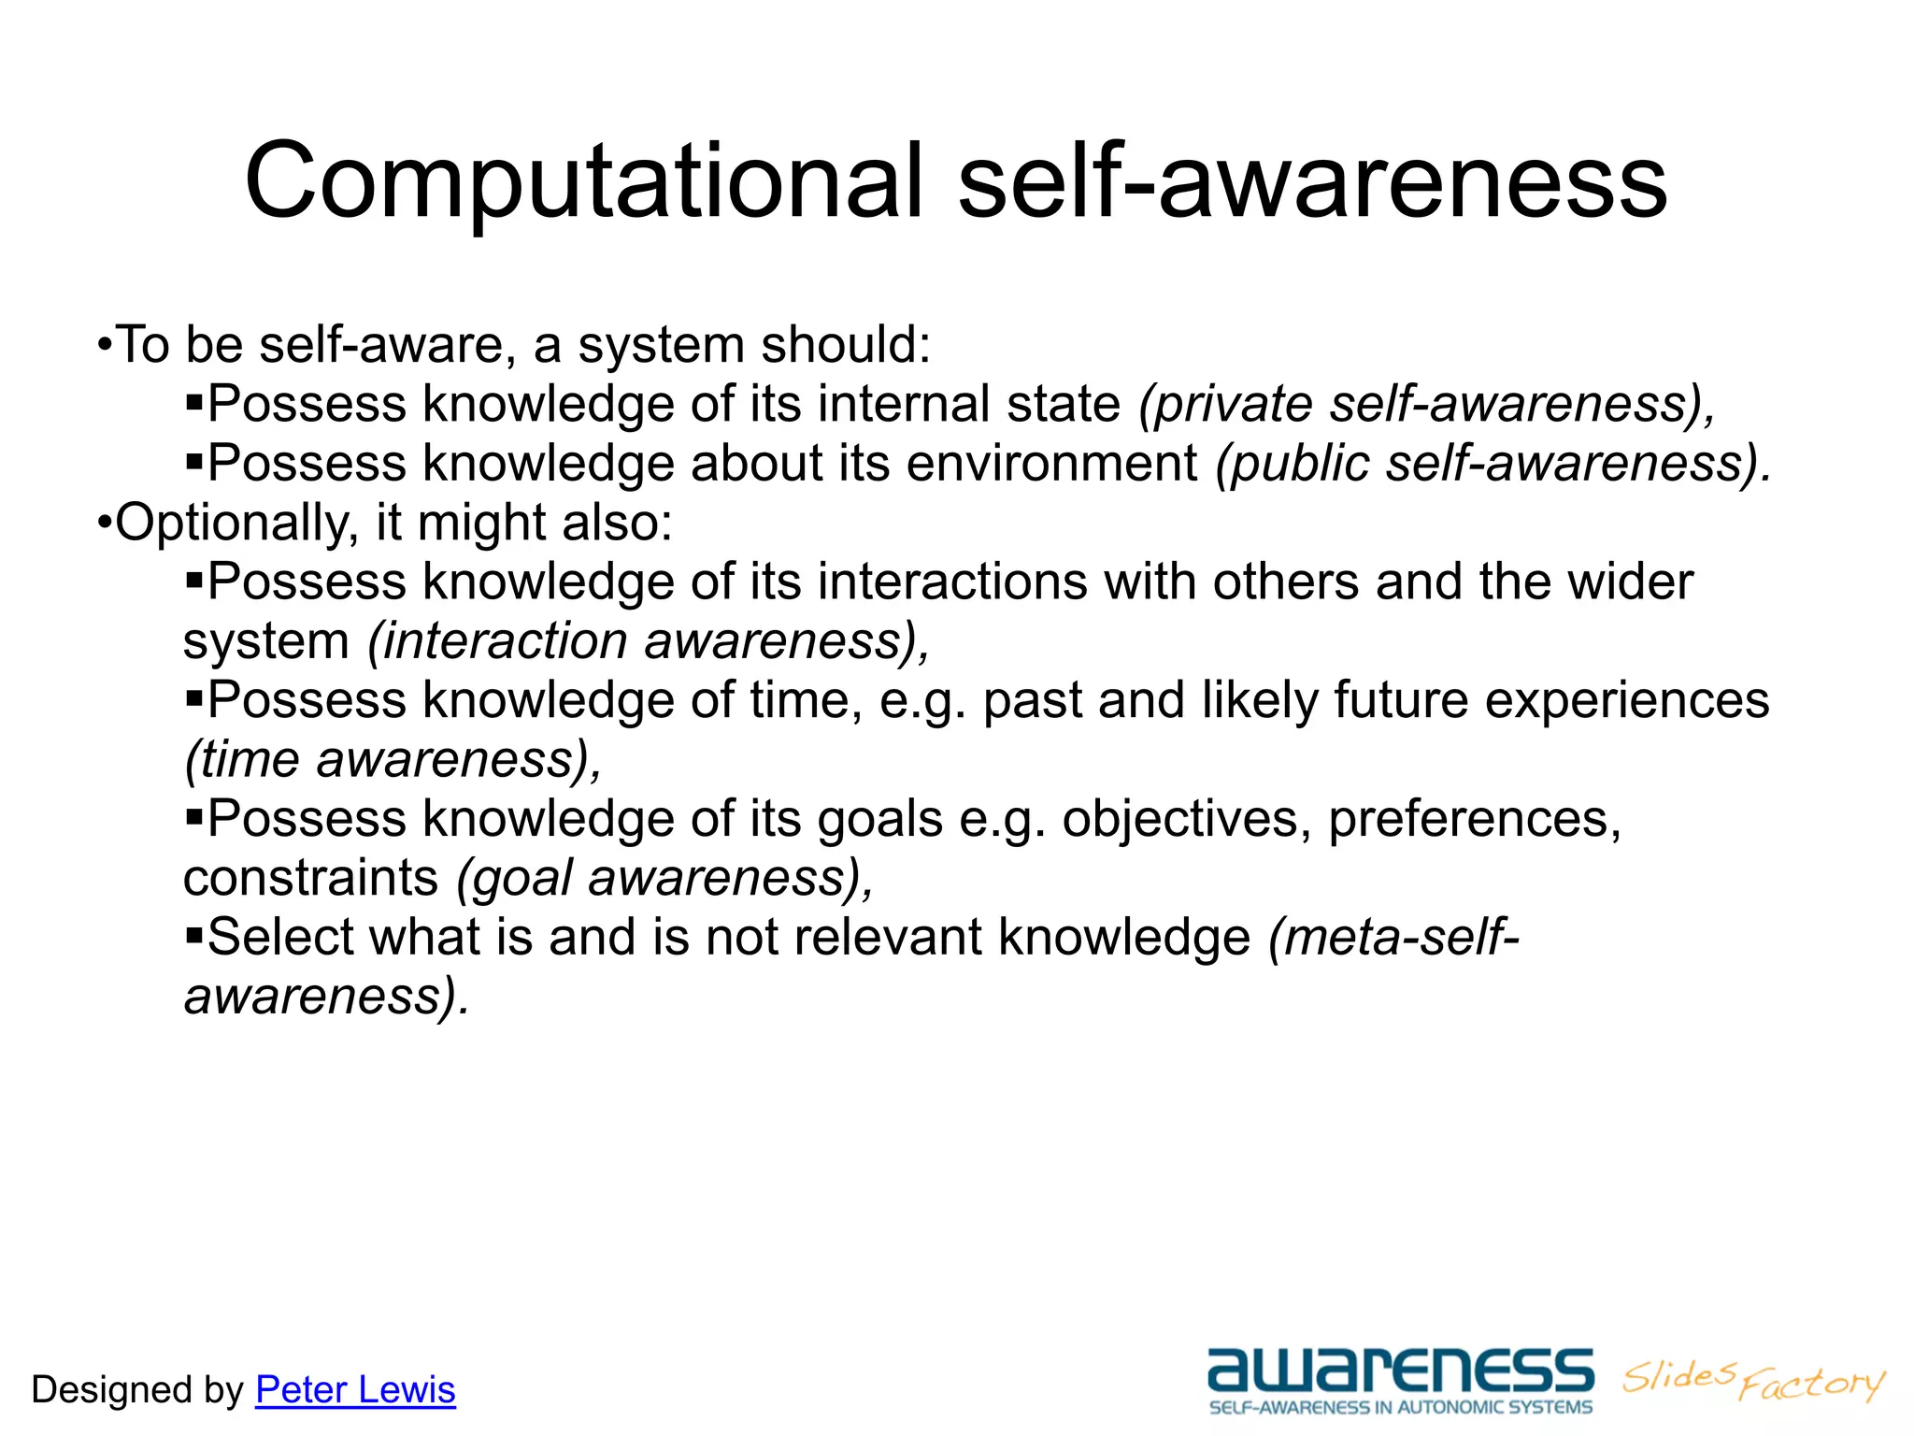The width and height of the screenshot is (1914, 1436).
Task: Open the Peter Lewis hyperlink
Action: [x=355, y=1390]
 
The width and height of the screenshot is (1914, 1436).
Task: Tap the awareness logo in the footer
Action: [x=1400, y=1372]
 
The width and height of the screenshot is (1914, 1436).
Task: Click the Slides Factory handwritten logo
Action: [x=1753, y=1380]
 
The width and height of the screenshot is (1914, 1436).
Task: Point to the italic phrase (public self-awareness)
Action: [x=1493, y=464]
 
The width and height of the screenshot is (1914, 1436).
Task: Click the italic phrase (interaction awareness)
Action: [x=649, y=641]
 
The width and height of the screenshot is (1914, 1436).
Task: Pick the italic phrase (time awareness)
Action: [x=393, y=759]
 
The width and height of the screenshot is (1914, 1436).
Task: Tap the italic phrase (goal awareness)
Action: [x=664, y=878]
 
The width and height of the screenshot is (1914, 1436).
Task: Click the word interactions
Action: [x=952, y=582]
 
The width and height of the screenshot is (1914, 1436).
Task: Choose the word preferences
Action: [x=1474, y=820]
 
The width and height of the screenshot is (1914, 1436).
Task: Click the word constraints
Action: [x=310, y=878]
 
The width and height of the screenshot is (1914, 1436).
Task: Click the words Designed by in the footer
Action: [x=136, y=1390]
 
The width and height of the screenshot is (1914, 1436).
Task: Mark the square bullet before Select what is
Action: [x=193, y=935]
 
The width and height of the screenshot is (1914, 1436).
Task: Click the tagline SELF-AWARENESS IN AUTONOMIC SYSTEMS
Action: [x=1400, y=1408]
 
